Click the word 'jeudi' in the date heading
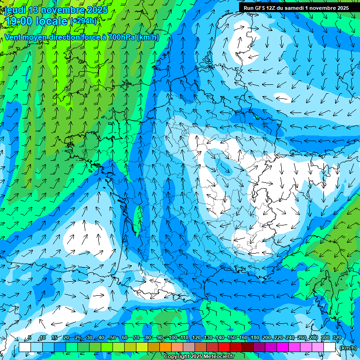click(x=15, y=10)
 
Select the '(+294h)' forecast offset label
click(x=84, y=21)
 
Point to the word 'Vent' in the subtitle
click(x=13, y=37)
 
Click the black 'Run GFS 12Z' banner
click(x=296, y=8)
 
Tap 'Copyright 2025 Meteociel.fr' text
click(x=199, y=357)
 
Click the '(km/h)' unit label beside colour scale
click(x=348, y=348)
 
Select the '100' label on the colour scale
click(x=173, y=338)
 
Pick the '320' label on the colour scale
click(x=337, y=338)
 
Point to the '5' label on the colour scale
click(x=29, y=338)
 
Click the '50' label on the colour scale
click(x=112, y=338)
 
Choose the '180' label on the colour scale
click(x=255, y=338)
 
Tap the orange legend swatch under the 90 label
click(x=165, y=347)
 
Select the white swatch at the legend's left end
click(x=24, y=347)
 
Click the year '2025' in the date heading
click(x=97, y=10)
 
